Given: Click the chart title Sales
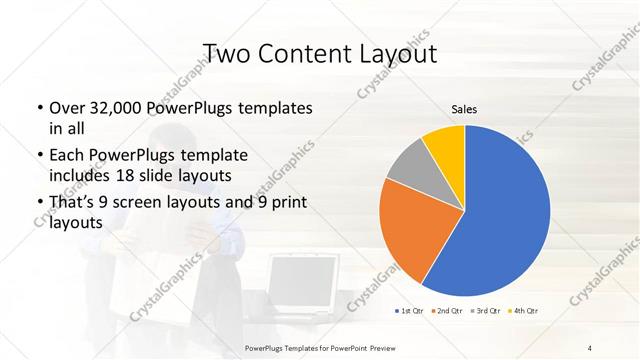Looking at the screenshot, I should click(x=464, y=109).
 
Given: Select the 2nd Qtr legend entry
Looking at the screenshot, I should click(x=447, y=310).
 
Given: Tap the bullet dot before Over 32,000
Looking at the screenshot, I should click(x=38, y=108).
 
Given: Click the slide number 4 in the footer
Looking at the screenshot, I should click(x=590, y=346).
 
